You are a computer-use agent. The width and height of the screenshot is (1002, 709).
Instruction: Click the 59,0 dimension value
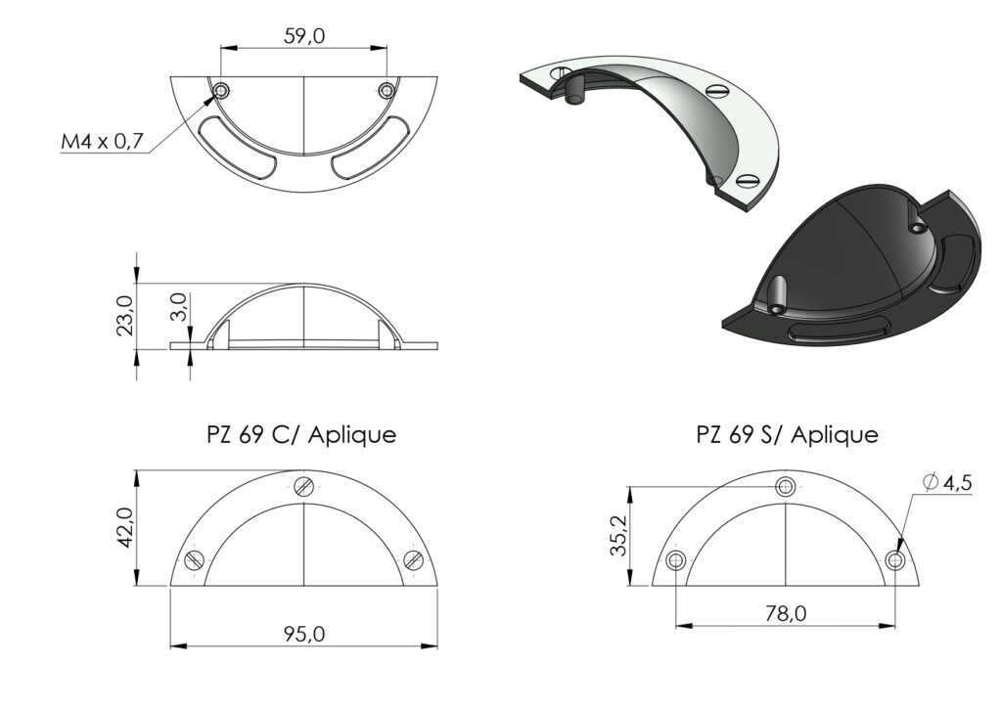(x=304, y=36)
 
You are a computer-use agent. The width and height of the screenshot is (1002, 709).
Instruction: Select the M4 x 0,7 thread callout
(x=102, y=141)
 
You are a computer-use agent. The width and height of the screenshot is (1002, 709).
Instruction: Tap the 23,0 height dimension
(x=125, y=316)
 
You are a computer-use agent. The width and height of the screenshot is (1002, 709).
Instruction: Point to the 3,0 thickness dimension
(x=179, y=307)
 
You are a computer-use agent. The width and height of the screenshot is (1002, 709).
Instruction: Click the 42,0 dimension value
(x=124, y=527)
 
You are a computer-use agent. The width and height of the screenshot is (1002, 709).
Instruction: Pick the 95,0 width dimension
(x=304, y=634)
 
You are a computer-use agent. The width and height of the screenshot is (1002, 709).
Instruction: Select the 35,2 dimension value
(x=618, y=535)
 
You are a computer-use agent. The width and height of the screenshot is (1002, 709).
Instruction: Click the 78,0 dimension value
(x=786, y=613)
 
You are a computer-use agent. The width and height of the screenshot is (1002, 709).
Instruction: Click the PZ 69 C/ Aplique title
(x=301, y=435)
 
